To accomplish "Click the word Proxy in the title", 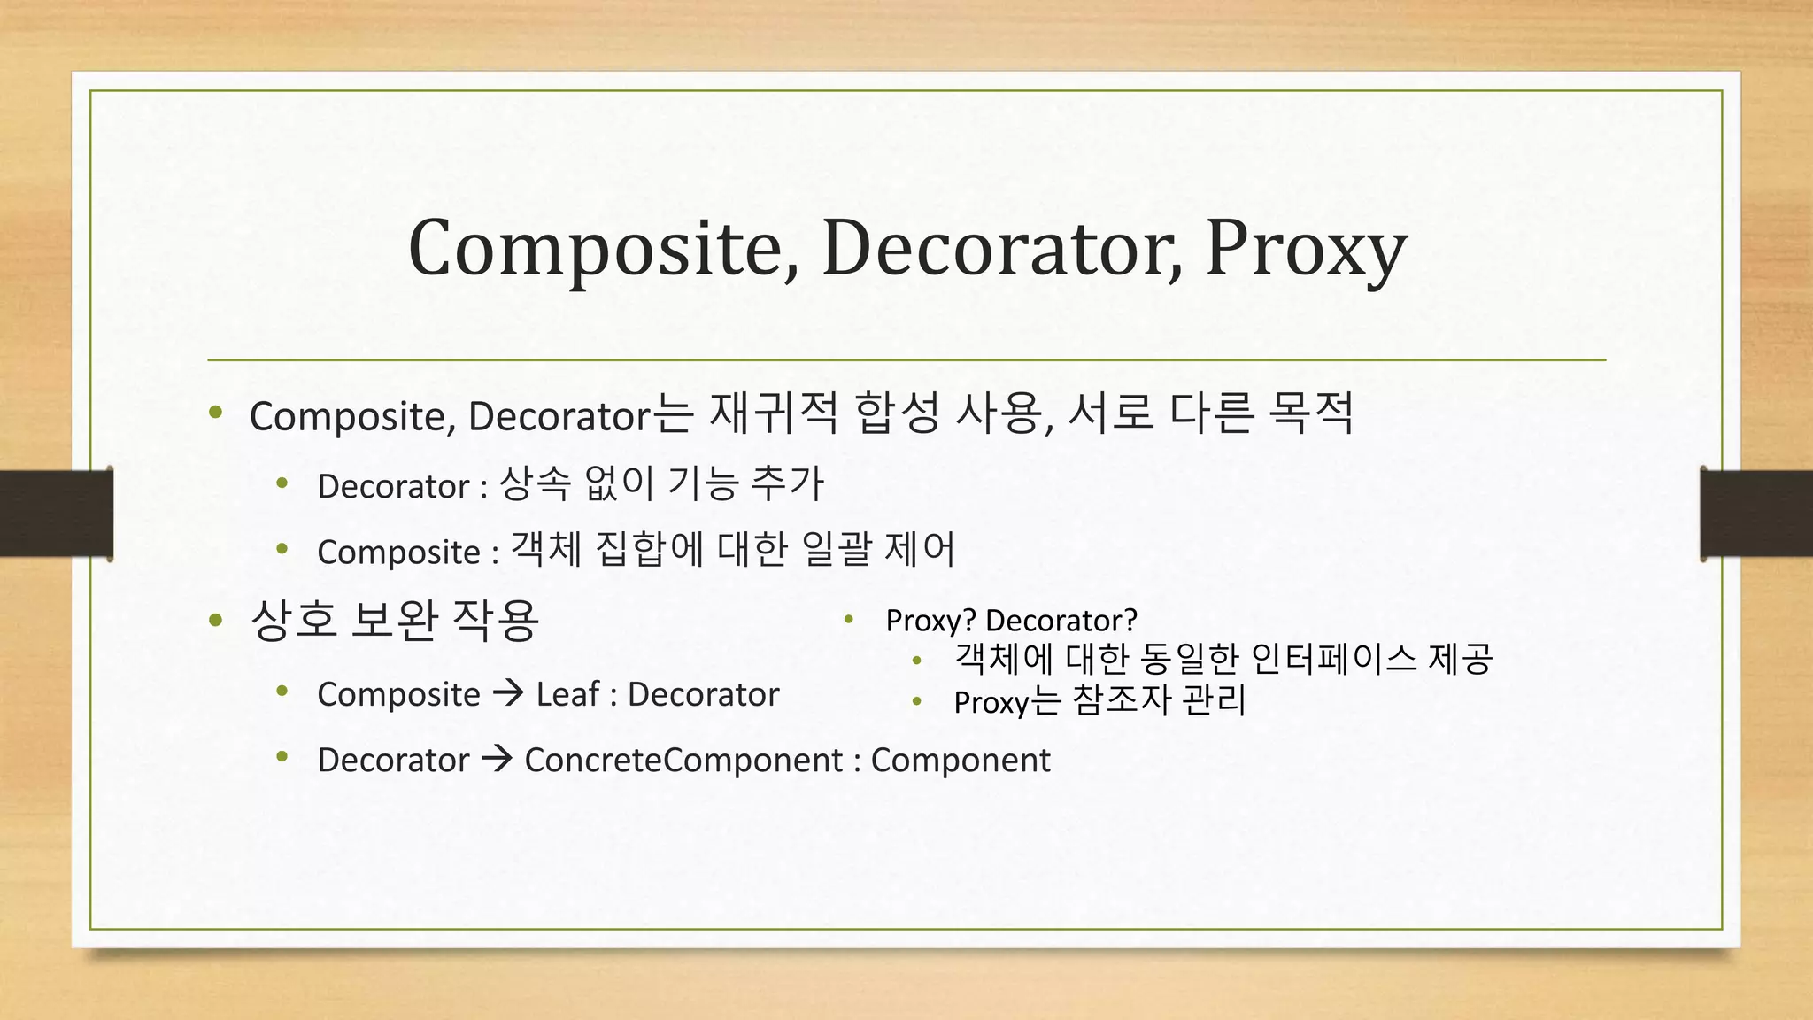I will (x=1306, y=249).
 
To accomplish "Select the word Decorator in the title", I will (x=1001, y=249).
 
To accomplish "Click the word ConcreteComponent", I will (x=683, y=760).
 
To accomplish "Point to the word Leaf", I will (x=567, y=694).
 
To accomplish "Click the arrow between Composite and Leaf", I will (x=508, y=693).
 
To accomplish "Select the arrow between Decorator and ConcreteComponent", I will (x=497, y=759).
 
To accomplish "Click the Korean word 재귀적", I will (x=773, y=413).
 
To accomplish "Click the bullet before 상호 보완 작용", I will (x=215, y=620).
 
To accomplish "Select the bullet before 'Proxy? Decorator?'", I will (x=847, y=619).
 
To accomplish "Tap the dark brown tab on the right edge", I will (x=1756, y=514).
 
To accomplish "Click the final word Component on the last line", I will (x=961, y=760).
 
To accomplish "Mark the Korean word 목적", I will (x=1310, y=413).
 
